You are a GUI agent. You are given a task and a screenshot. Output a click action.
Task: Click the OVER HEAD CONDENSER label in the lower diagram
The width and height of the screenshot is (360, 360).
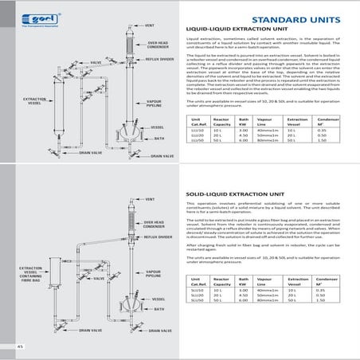tap(154, 225)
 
